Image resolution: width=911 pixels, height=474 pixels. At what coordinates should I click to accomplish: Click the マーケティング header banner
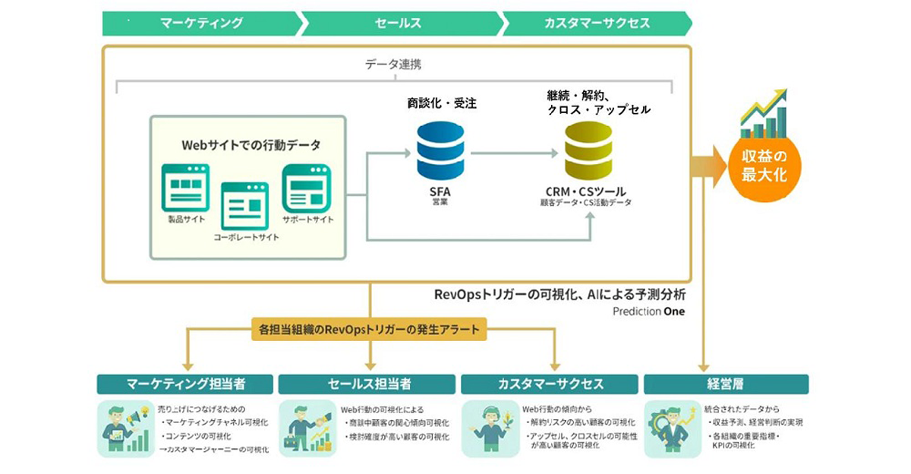(x=201, y=23)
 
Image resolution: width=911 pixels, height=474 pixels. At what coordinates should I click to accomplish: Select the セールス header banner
(x=398, y=23)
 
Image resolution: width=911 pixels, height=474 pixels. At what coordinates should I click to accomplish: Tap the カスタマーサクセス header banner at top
(x=597, y=23)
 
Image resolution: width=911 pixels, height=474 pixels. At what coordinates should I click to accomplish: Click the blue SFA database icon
(x=440, y=151)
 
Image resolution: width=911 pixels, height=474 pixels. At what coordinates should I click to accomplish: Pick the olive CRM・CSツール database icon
(x=587, y=151)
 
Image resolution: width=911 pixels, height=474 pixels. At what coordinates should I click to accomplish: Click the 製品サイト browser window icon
(x=185, y=187)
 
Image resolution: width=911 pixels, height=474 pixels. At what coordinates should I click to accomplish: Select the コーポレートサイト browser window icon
(x=244, y=206)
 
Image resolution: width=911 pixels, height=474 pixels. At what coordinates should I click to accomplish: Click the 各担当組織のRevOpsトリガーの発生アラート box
(x=370, y=330)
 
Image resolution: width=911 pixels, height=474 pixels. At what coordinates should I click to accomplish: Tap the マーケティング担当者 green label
(x=186, y=384)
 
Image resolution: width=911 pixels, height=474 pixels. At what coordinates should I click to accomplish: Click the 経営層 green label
(x=726, y=384)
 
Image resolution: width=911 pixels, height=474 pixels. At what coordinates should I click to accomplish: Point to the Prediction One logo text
(x=648, y=311)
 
